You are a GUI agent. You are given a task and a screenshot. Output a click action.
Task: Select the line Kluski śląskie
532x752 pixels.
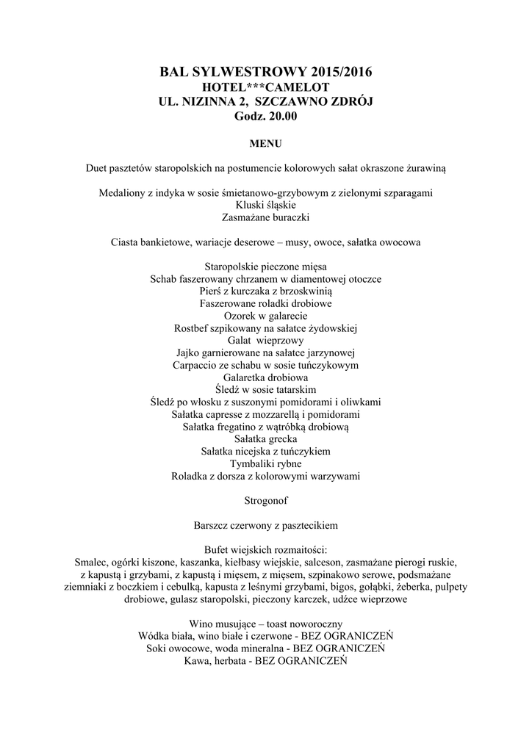pyautogui.click(x=265, y=205)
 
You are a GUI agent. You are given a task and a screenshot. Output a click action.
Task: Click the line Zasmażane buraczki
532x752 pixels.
pyautogui.click(x=265, y=217)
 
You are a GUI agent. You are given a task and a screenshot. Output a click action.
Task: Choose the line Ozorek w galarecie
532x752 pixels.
pyautogui.click(x=265, y=315)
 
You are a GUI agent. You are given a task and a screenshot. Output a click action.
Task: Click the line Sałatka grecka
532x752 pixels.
pyautogui.click(x=265, y=439)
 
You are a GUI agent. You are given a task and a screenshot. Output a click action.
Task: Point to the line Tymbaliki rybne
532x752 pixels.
pyautogui.click(x=265, y=464)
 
